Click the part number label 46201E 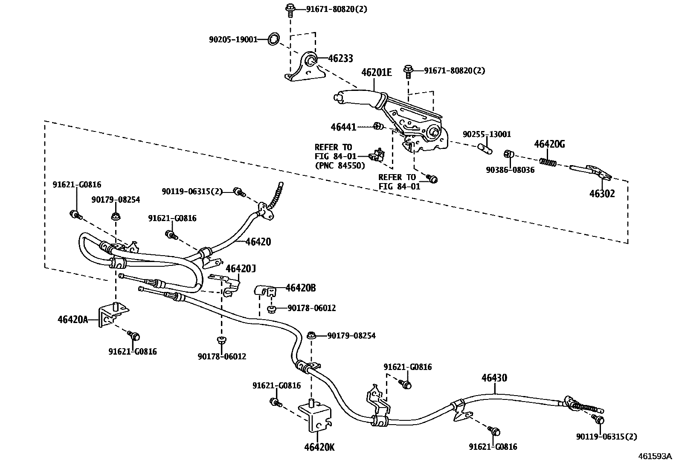pos(376,72)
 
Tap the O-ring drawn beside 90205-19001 pos(274,39)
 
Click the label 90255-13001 pos(487,134)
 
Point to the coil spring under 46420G pos(548,162)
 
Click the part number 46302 pos(602,194)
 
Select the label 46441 pos(343,127)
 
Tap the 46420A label pos(73,319)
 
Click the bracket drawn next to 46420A pos(111,315)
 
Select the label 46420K pos(319,448)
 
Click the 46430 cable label pos(494,378)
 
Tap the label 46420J pos(241,268)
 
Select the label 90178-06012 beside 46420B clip pos(311,308)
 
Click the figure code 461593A pos(655,456)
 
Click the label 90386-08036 pos(510,169)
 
